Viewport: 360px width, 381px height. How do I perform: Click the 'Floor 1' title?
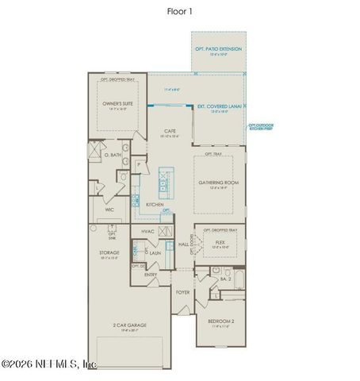point(179,11)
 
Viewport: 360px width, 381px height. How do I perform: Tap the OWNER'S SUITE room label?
point(116,103)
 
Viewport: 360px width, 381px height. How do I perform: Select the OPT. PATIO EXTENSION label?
point(218,49)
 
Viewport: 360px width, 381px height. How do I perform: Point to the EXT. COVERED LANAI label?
point(219,104)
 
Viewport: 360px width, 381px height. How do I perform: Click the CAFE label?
point(170,131)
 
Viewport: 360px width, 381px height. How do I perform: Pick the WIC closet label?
point(109,210)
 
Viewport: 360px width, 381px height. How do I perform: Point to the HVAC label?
point(147,231)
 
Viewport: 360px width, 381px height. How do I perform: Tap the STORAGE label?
point(109,252)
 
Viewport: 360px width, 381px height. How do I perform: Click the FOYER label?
point(182,292)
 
